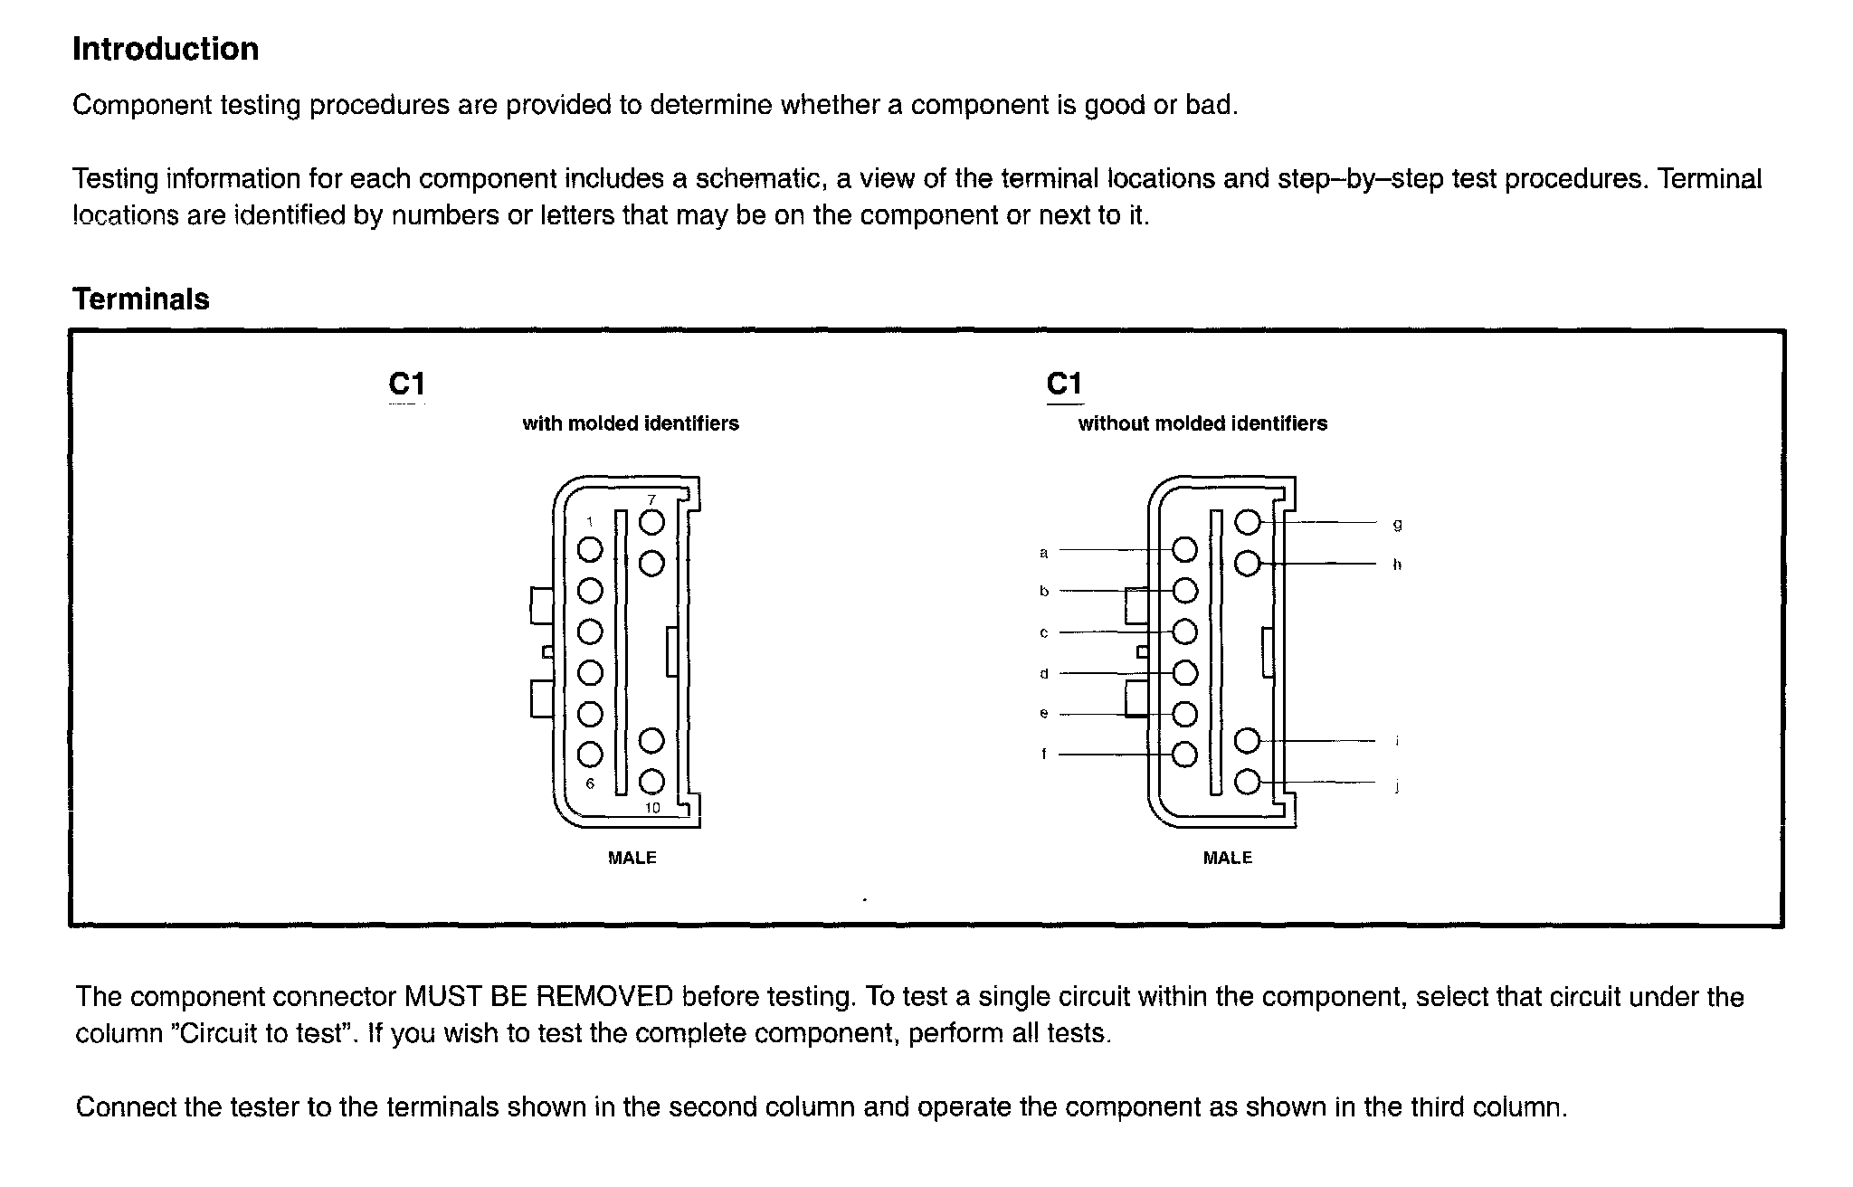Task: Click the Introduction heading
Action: pyautogui.click(x=166, y=49)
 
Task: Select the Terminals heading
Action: pyautogui.click(x=141, y=299)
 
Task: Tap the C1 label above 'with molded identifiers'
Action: pyautogui.click(x=406, y=385)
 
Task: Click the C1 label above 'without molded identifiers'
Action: pyautogui.click(x=1064, y=385)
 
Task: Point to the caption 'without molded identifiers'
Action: pyautogui.click(x=1202, y=423)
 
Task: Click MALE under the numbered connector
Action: pyautogui.click(x=632, y=858)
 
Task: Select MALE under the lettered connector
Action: pyautogui.click(x=1227, y=858)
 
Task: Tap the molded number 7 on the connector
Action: pyautogui.click(x=651, y=500)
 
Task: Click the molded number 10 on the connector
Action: pyautogui.click(x=652, y=808)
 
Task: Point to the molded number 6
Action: pyautogui.click(x=590, y=783)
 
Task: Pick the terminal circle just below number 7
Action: pyautogui.click(x=651, y=523)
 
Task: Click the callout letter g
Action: pyautogui.click(x=1397, y=525)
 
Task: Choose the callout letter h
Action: pyautogui.click(x=1397, y=565)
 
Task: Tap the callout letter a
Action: pyautogui.click(x=1043, y=552)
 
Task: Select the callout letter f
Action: pyautogui.click(x=1043, y=754)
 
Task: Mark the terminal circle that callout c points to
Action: pyautogui.click(x=1184, y=631)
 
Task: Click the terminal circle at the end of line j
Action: pyautogui.click(x=1247, y=782)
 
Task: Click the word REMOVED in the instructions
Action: pyautogui.click(x=605, y=997)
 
